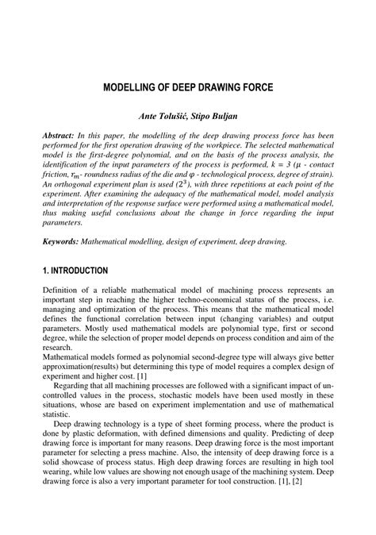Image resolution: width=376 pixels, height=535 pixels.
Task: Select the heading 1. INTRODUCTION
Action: [82, 271]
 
